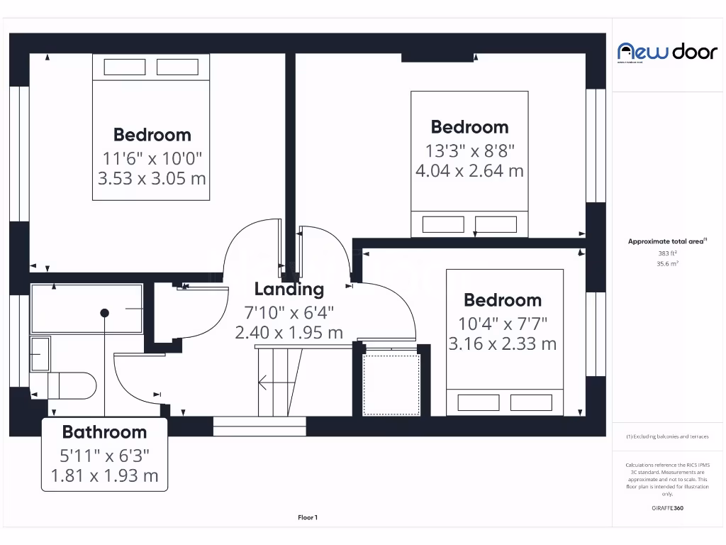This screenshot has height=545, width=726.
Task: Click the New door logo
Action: tap(667, 52)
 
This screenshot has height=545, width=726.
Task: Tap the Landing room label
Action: tap(289, 289)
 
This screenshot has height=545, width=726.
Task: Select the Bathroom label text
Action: tap(104, 431)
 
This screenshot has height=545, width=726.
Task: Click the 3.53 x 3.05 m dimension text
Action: tap(152, 178)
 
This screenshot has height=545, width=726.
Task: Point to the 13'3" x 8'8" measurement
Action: tap(469, 150)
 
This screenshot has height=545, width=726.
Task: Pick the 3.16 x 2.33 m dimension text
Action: tap(502, 344)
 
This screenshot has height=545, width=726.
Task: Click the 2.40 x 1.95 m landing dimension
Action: tap(289, 332)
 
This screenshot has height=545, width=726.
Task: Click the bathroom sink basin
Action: tap(40, 353)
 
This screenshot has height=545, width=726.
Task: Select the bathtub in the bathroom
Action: tap(86, 309)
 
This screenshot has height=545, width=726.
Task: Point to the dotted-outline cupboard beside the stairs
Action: tap(391, 384)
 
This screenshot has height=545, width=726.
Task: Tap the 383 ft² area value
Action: tap(667, 253)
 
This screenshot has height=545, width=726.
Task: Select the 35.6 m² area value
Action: tap(667, 263)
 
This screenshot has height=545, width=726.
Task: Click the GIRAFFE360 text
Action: tap(667, 508)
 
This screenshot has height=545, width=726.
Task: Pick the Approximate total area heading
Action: tap(667, 241)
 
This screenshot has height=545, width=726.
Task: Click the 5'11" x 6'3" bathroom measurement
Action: tap(104, 454)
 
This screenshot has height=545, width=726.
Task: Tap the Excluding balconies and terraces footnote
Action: tap(667, 436)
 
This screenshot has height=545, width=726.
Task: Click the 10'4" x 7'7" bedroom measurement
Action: tap(502, 324)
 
